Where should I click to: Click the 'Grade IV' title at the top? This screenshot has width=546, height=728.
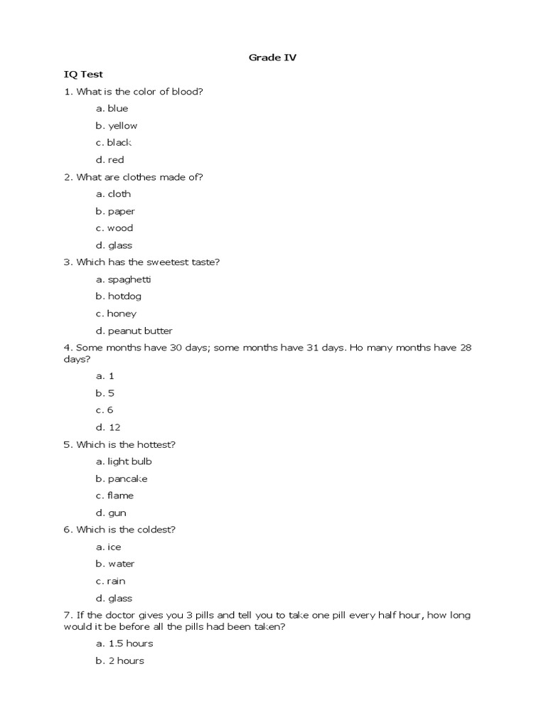(272, 58)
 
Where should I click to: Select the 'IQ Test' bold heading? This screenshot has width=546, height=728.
(84, 74)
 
